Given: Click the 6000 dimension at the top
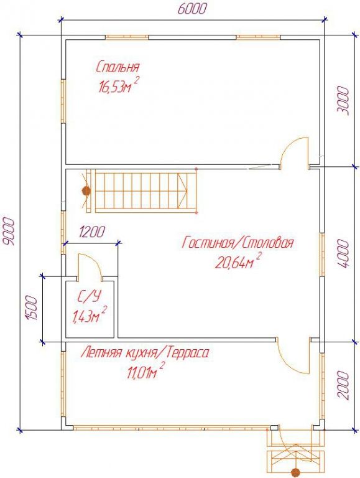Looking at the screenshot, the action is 192,9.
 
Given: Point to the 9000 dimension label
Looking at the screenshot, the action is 9,231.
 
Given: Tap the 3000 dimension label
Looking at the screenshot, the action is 344,100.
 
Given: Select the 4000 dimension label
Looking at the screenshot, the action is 344,254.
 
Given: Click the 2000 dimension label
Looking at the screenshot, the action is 344,385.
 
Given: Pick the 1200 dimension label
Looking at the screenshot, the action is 91,232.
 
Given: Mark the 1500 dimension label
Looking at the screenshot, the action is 32,307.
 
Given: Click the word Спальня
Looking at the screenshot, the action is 118,67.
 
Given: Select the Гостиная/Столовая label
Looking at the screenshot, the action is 238,243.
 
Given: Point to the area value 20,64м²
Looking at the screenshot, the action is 238,261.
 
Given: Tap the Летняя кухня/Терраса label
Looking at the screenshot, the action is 145,353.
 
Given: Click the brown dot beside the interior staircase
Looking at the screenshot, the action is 86,191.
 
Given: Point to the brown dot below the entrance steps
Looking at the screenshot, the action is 295,473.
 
